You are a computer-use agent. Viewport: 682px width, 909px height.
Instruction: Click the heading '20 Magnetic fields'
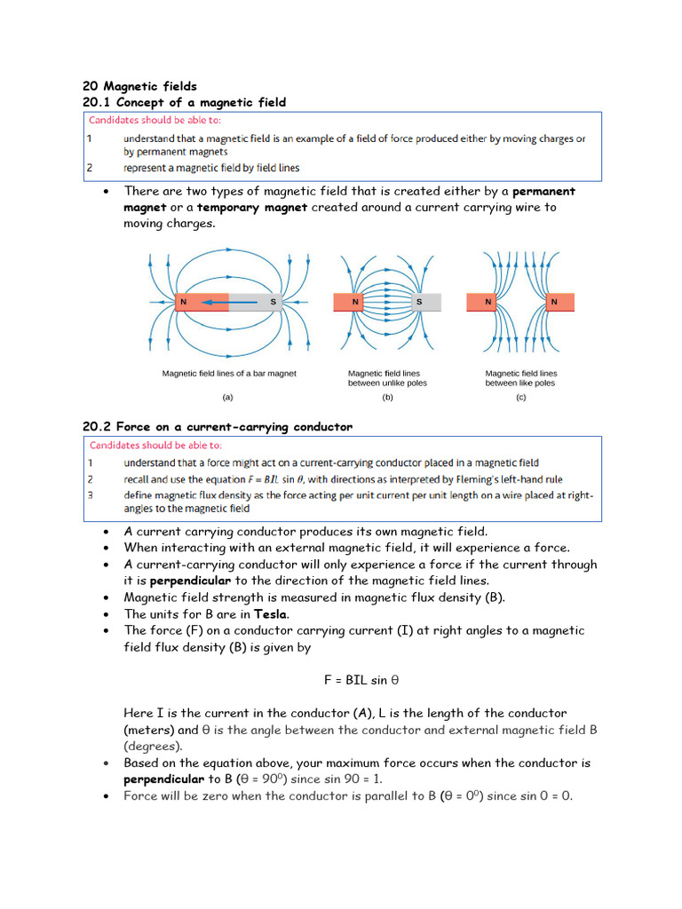coord(139,86)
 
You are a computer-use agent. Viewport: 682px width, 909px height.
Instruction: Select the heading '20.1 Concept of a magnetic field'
coord(184,102)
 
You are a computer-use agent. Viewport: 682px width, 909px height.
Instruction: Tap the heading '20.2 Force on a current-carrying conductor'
coord(217,427)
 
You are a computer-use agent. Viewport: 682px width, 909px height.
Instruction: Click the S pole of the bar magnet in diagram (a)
coord(256,303)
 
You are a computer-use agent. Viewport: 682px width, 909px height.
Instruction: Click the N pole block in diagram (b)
coord(356,303)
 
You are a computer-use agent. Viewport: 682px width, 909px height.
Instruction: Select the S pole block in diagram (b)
coord(419,303)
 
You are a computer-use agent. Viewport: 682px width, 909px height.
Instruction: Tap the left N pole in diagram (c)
coord(488,303)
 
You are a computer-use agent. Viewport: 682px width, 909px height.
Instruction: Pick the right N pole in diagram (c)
coord(553,303)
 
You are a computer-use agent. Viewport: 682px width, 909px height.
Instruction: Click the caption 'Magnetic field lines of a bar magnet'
coord(229,374)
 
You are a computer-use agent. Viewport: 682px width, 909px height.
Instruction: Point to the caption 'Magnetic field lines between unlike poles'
coord(387,378)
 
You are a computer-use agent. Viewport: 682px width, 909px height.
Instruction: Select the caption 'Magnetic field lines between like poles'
coord(521,378)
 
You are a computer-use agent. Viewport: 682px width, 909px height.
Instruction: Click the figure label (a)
coord(228,398)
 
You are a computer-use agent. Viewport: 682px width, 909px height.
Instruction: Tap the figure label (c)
coord(521,398)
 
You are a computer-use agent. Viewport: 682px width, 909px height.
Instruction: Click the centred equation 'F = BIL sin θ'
coord(361,680)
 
